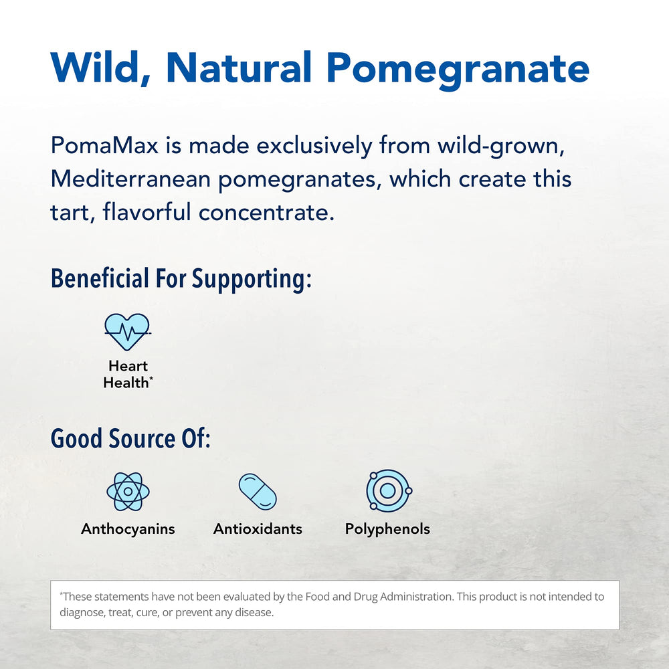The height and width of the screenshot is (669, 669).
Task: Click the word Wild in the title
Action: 100,67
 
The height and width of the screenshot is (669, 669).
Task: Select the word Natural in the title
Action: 240,67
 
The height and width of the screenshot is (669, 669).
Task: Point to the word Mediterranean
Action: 133,179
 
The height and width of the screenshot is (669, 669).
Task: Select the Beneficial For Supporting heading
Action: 181,278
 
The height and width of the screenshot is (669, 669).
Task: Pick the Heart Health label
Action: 128,374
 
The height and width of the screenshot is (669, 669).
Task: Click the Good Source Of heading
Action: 130,438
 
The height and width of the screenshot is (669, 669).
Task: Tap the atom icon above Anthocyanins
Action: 127,492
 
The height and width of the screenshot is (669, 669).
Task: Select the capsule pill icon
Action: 258,492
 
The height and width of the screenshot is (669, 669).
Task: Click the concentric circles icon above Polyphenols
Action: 387,491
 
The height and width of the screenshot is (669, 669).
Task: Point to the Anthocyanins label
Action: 128,529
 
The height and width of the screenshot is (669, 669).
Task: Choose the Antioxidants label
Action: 258,529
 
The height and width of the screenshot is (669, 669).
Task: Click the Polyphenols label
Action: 387,529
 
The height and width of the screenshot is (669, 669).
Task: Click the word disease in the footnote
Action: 255,613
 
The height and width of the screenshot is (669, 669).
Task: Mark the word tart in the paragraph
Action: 65,213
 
